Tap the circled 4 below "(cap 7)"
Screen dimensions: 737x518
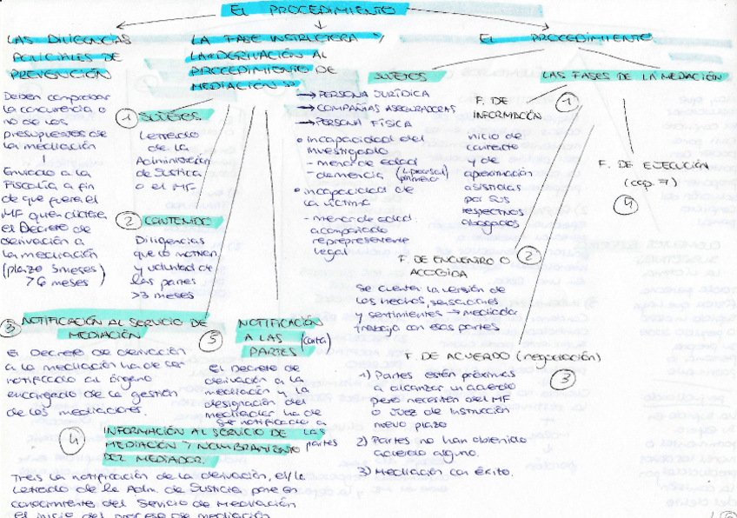pos(626,205)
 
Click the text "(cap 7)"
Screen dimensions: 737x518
pos(643,183)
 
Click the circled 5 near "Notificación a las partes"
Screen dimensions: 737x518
pos(212,341)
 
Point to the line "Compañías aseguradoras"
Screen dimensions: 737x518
pos(375,109)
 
